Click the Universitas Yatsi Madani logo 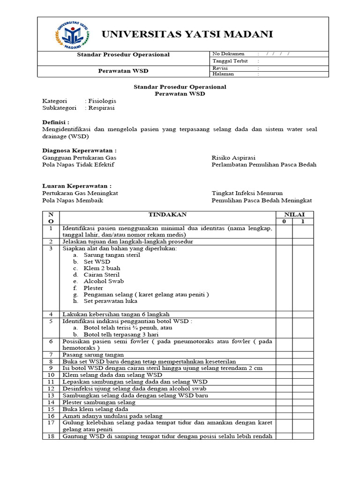(x=72, y=35)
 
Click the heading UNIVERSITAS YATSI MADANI (x=187, y=34)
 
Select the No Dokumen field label (x=227, y=54)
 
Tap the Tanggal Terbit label (x=229, y=61)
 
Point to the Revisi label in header (x=220, y=68)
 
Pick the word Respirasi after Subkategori (x=100, y=108)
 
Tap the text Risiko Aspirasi (x=233, y=158)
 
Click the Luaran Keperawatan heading (x=77, y=186)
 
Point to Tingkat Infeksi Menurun (x=247, y=193)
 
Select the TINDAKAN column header (x=167, y=215)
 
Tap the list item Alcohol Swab (x=104, y=281)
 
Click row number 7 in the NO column (x=51, y=355)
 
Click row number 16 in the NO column (x=51, y=416)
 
